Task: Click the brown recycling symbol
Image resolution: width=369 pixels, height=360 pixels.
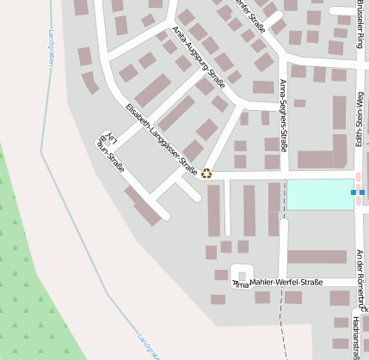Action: coord(206,173)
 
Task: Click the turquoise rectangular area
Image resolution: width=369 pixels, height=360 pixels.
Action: coord(319,194)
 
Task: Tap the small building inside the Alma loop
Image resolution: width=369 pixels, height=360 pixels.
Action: coord(242,276)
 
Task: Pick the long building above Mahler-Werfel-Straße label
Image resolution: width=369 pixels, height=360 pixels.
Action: coord(317,257)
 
